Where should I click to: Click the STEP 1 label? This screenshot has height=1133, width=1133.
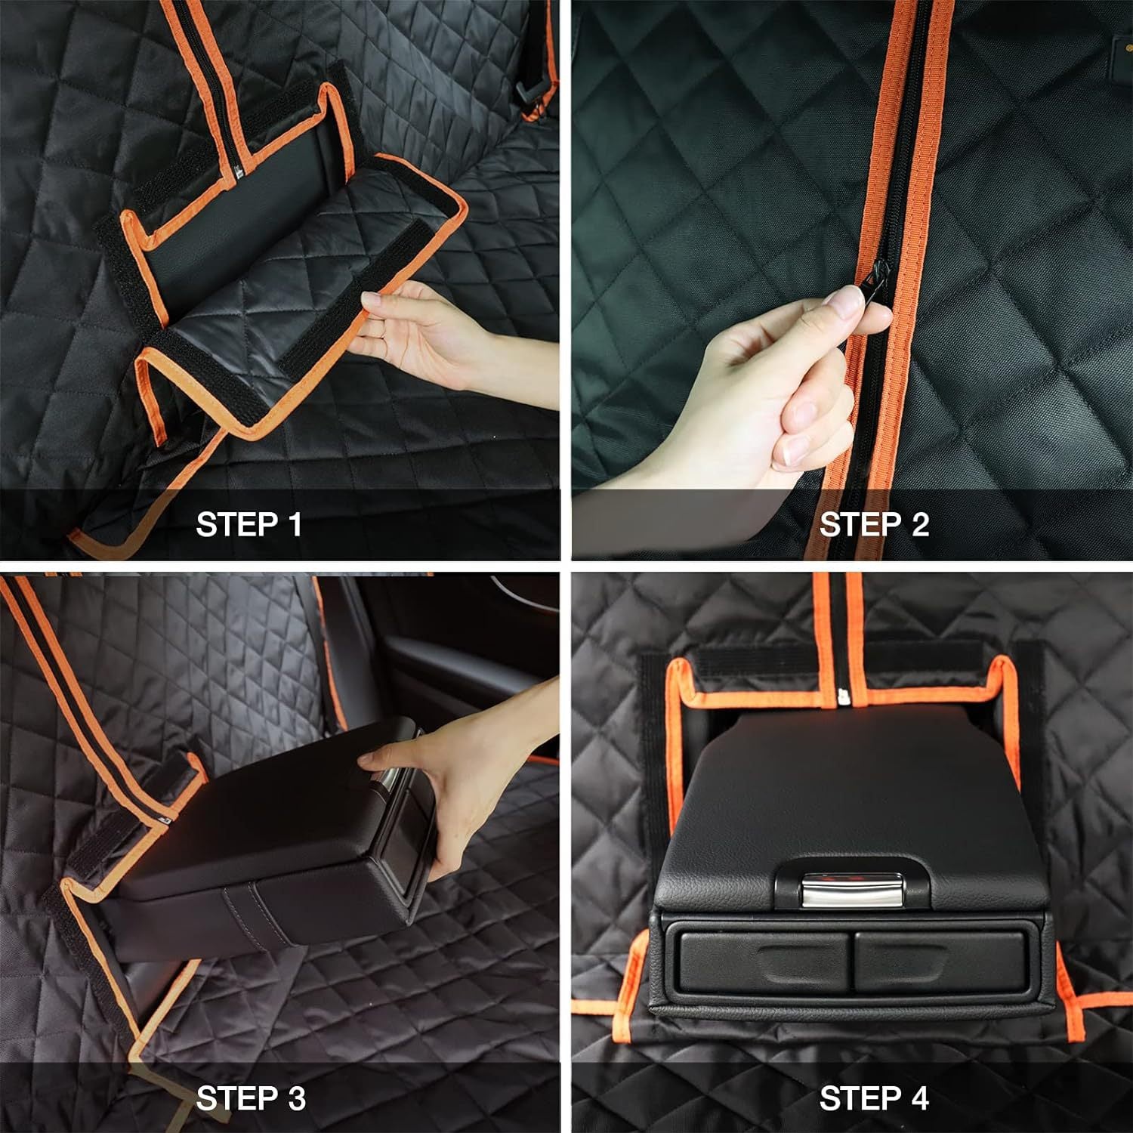(x=249, y=524)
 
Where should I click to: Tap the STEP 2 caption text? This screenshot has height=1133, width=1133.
(x=873, y=524)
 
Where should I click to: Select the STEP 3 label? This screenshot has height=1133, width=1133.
(x=250, y=1097)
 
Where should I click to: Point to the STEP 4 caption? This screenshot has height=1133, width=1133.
(x=873, y=1097)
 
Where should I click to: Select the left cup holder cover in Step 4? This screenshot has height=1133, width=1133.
(x=763, y=962)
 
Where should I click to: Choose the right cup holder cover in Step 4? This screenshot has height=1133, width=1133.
(x=940, y=962)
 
